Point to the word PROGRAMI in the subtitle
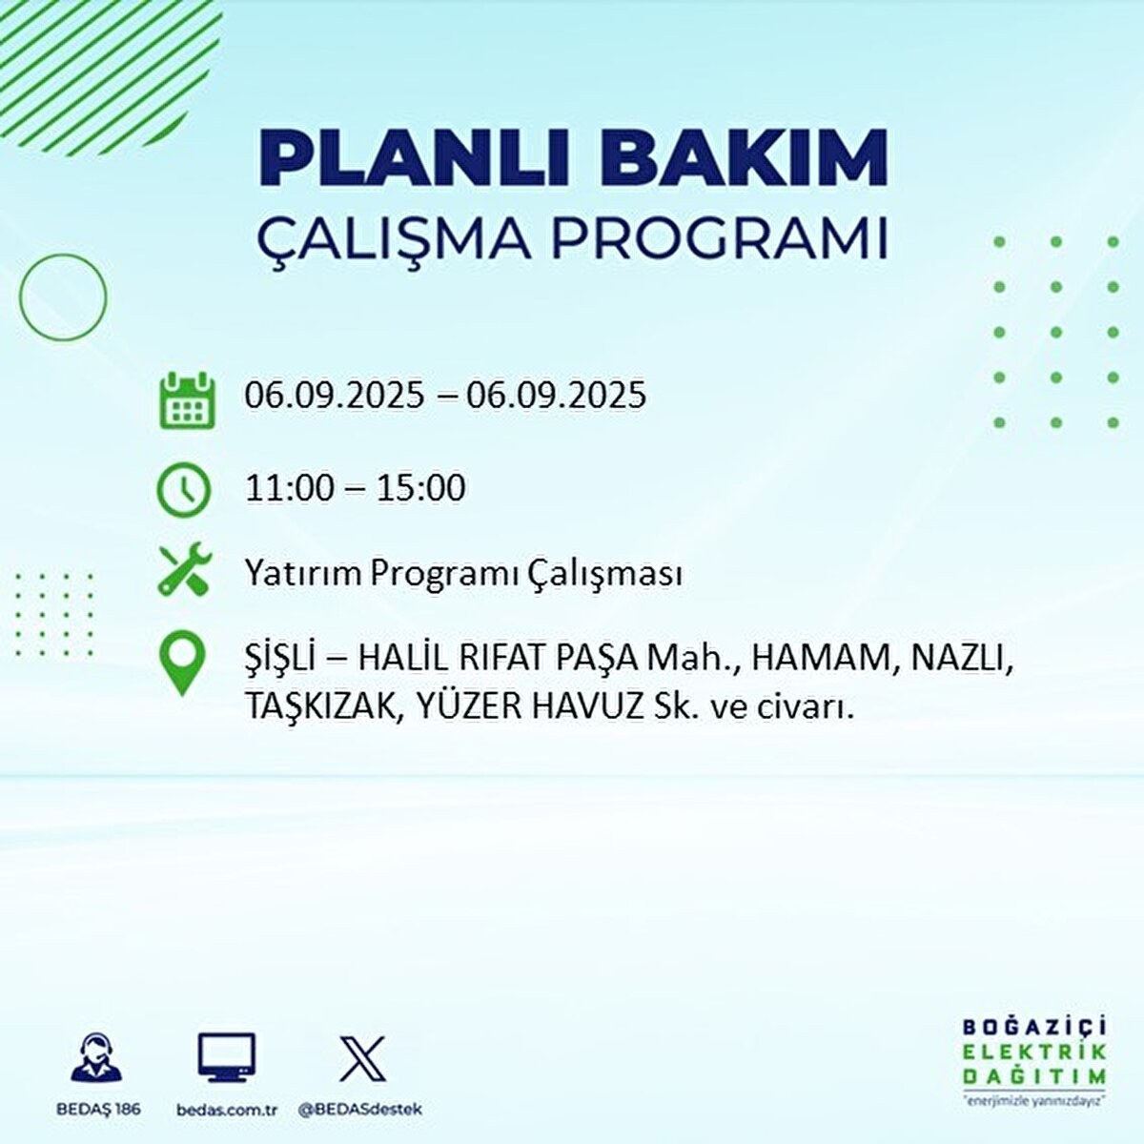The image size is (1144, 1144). [x=720, y=239]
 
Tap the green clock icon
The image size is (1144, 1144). [x=183, y=489]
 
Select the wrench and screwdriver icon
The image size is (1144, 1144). [x=183, y=569]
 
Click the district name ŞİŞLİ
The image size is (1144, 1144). [x=281, y=659]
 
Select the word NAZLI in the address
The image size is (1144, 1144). [x=958, y=658]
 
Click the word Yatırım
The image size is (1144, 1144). [x=303, y=574]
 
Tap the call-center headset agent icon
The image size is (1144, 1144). [x=96, y=1058]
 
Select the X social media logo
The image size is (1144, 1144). [x=362, y=1058]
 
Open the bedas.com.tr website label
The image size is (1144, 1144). [x=227, y=1110]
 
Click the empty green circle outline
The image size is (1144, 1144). [x=63, y=297]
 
